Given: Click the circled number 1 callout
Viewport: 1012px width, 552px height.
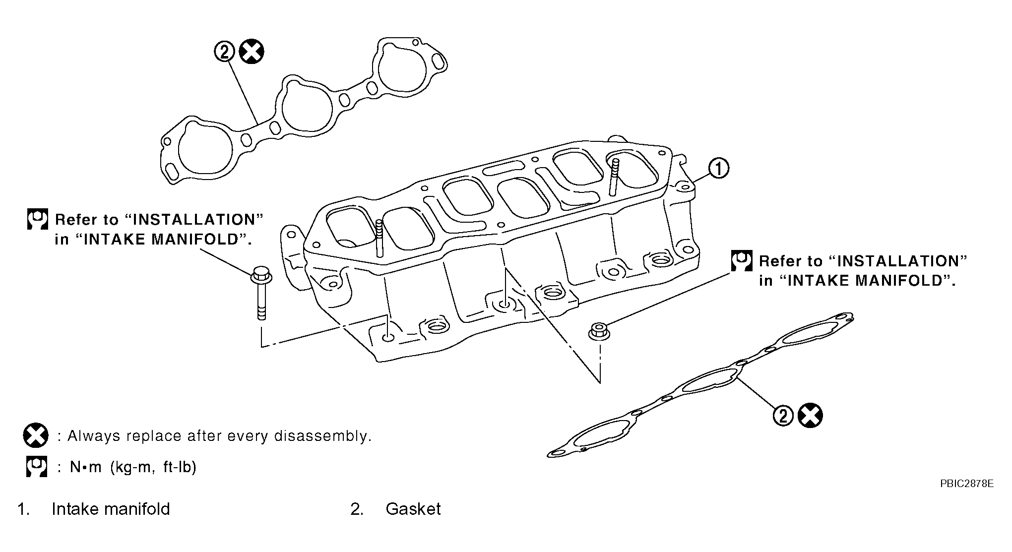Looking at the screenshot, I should [718, 169].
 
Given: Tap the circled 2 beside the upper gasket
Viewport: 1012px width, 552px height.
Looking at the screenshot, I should [224, 52].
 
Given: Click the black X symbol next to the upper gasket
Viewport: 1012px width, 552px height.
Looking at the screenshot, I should [252, 52].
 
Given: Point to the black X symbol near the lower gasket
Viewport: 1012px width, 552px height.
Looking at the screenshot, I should [810, 416].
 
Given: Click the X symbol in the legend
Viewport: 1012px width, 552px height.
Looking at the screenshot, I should [36, 436].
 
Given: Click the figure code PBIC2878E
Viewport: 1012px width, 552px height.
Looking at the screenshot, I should [966, 484].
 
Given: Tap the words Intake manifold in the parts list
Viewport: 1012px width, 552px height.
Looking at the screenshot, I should [111, 509].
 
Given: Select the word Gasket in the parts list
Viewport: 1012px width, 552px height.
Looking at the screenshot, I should [413, 509].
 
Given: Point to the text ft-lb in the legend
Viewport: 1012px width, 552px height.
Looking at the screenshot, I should [180, 467].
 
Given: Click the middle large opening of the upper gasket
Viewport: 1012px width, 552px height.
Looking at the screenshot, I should [307, 103].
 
